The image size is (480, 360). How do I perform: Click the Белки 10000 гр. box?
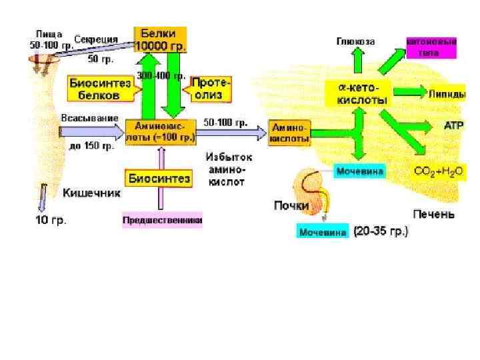click(x=160, y=39)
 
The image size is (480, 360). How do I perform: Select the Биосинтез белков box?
click(x=95, y=89)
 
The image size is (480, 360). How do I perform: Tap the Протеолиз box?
click(x=211, y=89)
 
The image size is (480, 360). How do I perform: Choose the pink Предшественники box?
click(x=163, y=219)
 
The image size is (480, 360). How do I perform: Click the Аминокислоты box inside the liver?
click(x=290, y=133)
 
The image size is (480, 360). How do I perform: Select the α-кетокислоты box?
click(x=359, y=93)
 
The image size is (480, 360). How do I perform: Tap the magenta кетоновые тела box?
click(x=432, y=46)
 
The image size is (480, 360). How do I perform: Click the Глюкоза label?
click(x=355, y=41)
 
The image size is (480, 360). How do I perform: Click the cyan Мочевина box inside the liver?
click(x=360, y=171)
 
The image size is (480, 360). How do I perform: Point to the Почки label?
click(x=291, y=205)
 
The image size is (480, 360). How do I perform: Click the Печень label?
click(x=433, y=214)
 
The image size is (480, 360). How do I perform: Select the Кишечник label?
click(x=91, y=193)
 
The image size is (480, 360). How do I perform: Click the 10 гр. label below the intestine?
click(x=51, y=219)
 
